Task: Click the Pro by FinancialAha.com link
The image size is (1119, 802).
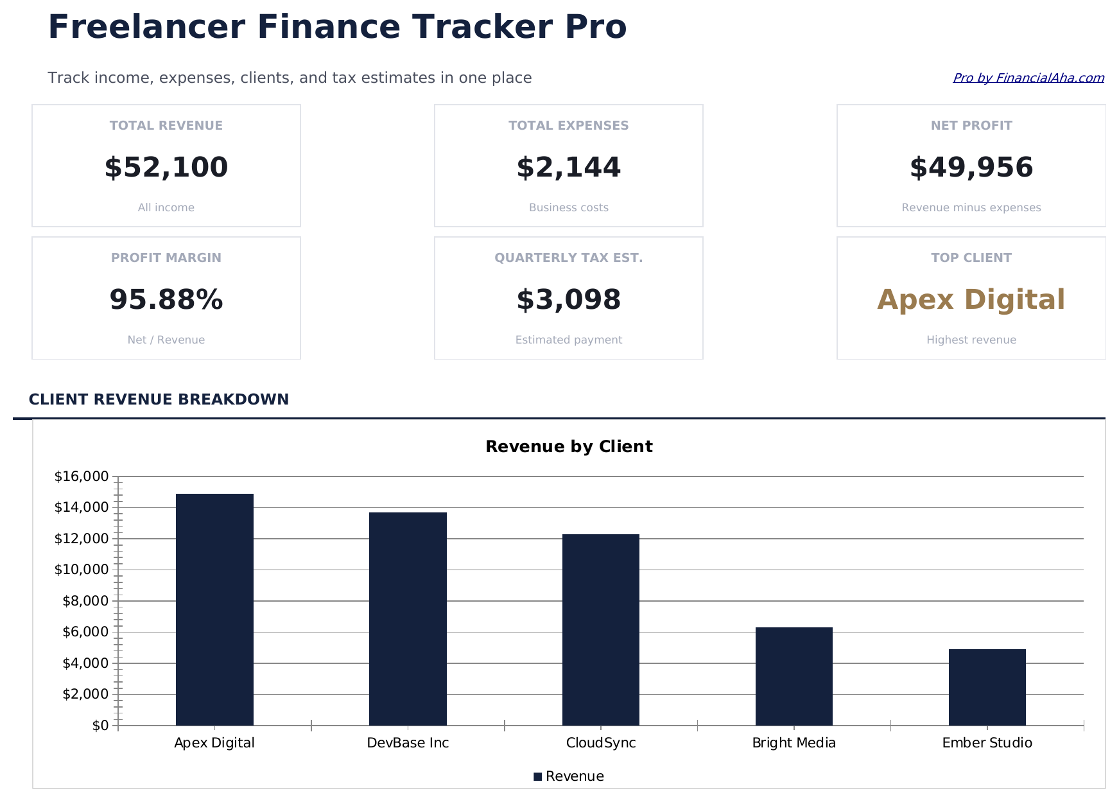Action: coord(1028,78)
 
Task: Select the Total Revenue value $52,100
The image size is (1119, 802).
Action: coord(166,168)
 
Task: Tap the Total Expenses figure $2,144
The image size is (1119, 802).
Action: coord(568,168)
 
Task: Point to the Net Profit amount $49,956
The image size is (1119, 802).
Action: coord(971,168)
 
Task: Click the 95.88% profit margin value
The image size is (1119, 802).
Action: coord(166,300)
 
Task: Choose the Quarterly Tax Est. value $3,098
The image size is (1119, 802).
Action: coord(568,300)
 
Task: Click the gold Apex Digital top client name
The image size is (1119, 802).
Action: coord(971,300)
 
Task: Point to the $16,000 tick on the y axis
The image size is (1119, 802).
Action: coord(82,476)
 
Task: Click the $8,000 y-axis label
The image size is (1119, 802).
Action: coord(85,601)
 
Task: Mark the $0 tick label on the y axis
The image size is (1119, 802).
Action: coord(100,726)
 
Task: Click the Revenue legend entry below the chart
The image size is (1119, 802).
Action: coord(569,776)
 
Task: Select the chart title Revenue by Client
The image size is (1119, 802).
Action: coord(569,447)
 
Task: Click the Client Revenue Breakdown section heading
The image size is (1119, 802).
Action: coord(159,399)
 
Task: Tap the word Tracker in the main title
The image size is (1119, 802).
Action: coord(482,28)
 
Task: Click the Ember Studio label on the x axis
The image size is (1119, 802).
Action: coord(987,743)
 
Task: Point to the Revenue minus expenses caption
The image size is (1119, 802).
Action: coord(971,207)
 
